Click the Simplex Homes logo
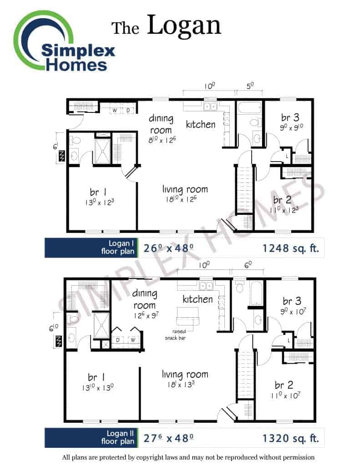coord(64,41)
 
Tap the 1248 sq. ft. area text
coord(290,248)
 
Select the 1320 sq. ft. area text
coord(290,438)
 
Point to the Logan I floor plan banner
coord(91,248)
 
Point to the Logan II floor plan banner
coord(91,438)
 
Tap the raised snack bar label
coord(176,334)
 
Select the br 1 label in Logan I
coord(98,192)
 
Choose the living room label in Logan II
coord(185,375)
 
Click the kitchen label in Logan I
coord(200,124)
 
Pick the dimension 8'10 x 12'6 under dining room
coord(162,140)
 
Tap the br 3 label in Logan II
coord(292,301)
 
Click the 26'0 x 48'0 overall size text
coord(168,248)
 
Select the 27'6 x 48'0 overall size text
coord(168,438)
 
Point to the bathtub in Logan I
coord(249,108)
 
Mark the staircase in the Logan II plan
coord(246,374)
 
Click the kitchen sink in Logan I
coord(210,106)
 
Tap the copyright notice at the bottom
coord(188,457)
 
